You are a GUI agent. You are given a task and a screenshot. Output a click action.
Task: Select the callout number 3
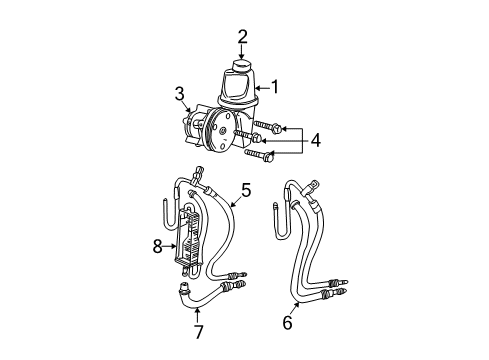pos(180,94)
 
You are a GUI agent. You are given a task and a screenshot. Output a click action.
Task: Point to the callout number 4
pos(315,141)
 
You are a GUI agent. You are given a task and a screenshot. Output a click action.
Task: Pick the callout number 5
pos(246,187)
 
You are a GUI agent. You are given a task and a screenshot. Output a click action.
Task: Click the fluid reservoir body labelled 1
pos(236,90)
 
